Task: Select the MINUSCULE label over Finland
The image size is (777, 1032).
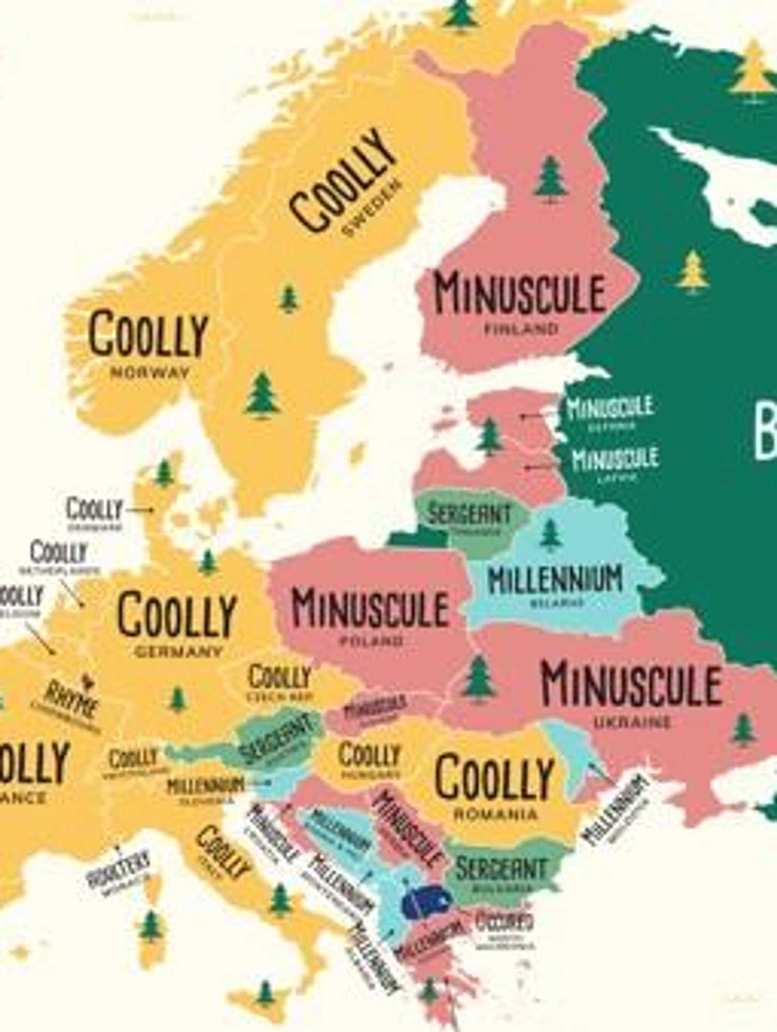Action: coord(520,293)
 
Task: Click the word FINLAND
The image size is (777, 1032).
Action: coord(521,329)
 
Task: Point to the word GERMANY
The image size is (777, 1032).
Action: coord(179,651)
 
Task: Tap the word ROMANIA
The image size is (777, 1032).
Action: coord(496,814)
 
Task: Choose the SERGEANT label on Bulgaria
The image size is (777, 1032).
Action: coord(501,869)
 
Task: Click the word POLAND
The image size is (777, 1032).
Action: coord(371,641)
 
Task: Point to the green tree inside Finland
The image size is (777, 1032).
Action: coord(550,180)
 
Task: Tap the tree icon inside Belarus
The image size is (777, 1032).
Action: coord(550,535)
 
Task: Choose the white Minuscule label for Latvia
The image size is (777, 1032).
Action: coord(615,458)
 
